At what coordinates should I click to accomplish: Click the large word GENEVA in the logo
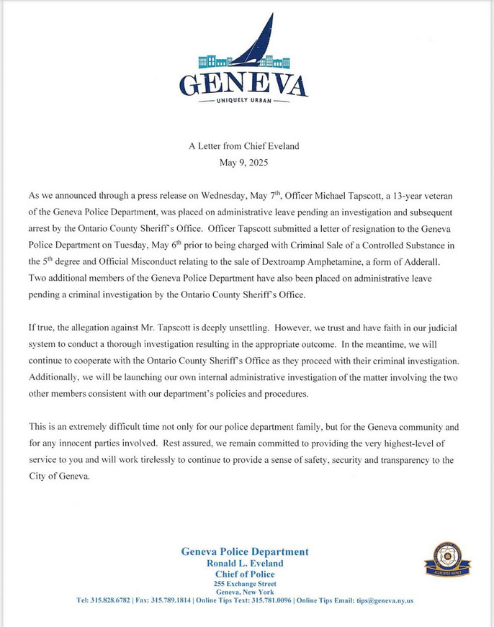[243, 84]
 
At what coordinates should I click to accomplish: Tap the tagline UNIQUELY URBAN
[243, 101]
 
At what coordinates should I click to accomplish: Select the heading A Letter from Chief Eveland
[243, 146]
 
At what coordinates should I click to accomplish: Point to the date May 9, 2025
[243, 163]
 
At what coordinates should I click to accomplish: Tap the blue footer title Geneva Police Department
[245, 552]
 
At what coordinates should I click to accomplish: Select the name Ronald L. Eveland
[245, 563]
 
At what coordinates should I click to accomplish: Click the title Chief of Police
[245, 574]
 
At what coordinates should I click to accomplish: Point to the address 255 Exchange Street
[245, 584]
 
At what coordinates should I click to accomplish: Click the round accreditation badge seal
[447, 559]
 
